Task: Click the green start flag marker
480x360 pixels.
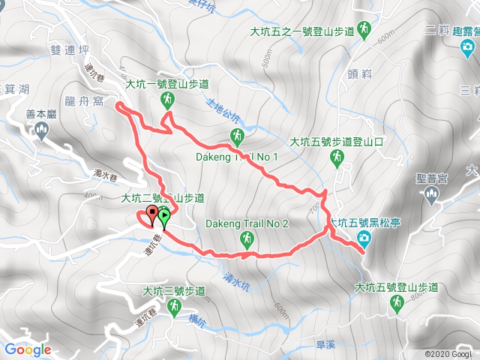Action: pos(164,217)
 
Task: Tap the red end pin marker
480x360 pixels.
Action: pos(153,215)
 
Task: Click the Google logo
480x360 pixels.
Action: pos(27,349)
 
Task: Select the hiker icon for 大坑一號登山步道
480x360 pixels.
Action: pos(167,100)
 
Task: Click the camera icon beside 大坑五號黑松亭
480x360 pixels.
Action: pos(364,238)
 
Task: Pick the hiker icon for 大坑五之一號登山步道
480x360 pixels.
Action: pos(364,29)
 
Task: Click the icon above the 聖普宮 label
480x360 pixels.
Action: pos(431,195)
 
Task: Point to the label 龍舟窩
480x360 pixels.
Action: pos(94,101)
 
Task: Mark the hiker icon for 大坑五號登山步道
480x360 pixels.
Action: pos(396,302)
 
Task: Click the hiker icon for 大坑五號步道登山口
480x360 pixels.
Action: pos(338,156)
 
